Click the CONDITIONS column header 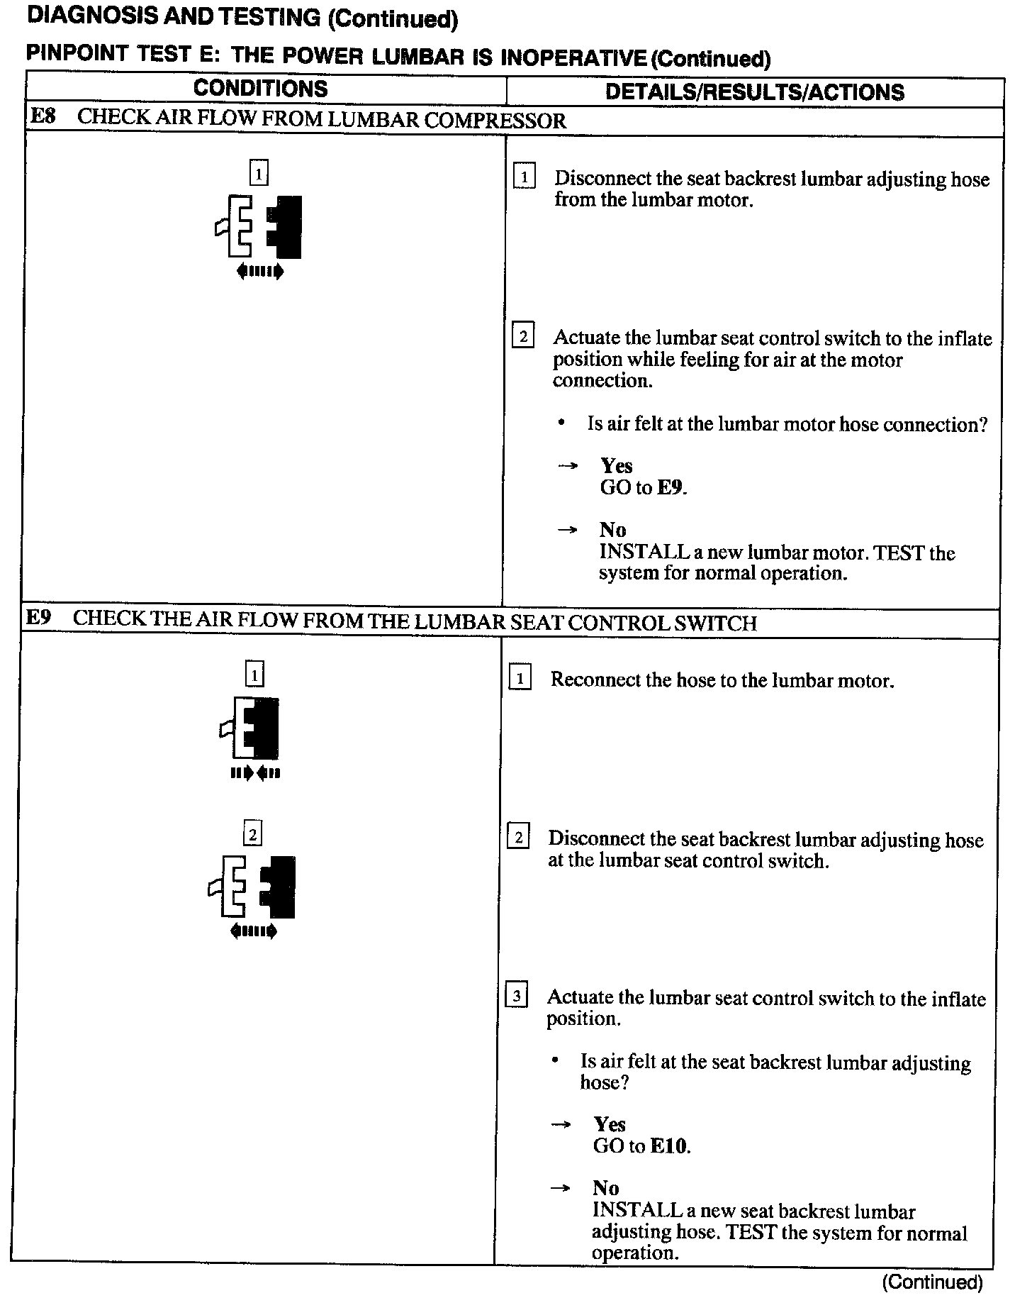point(260,89)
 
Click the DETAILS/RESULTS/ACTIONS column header point(755,92)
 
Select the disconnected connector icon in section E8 point(259,226)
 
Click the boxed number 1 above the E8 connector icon point(259,172)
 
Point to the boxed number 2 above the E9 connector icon point(252,833)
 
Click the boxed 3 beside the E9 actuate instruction point(516,997)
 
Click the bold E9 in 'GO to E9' point(671,488)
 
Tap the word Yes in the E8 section point(616,466)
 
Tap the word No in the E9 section point(606,1188)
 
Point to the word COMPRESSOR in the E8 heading point(495,121)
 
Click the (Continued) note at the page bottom point(932,1282)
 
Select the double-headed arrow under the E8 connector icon point(260,271)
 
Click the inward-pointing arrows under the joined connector point(255,773)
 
